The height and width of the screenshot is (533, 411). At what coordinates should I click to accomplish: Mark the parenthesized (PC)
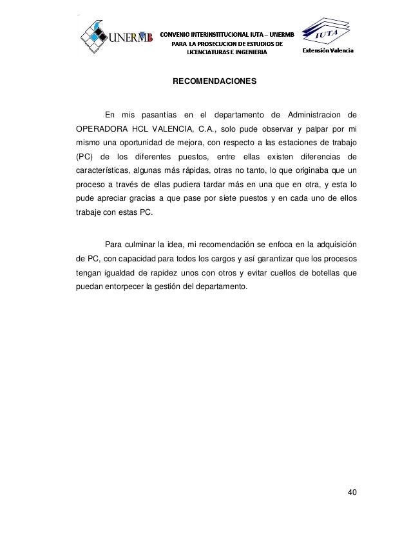(85, 157)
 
